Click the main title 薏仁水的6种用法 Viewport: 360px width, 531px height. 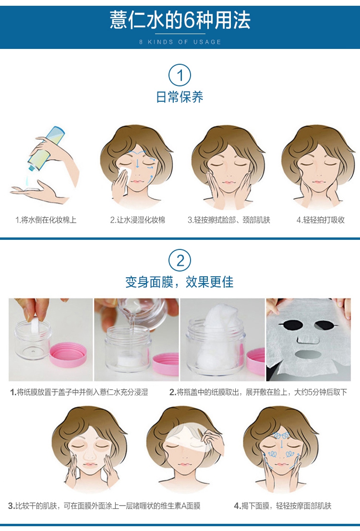180,20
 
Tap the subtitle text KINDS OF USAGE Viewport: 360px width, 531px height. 185,42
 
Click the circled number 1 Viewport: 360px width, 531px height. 180,75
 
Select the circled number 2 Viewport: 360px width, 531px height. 180,260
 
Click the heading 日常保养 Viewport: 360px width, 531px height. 180,97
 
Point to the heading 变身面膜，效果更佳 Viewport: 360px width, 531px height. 180,282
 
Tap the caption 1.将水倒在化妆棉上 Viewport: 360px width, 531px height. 46,220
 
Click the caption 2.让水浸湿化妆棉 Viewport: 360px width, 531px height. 138,220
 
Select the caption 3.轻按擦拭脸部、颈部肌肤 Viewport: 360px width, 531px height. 229,220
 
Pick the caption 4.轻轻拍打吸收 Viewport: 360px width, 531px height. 321,220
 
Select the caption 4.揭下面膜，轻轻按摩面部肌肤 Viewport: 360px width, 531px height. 282,506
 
